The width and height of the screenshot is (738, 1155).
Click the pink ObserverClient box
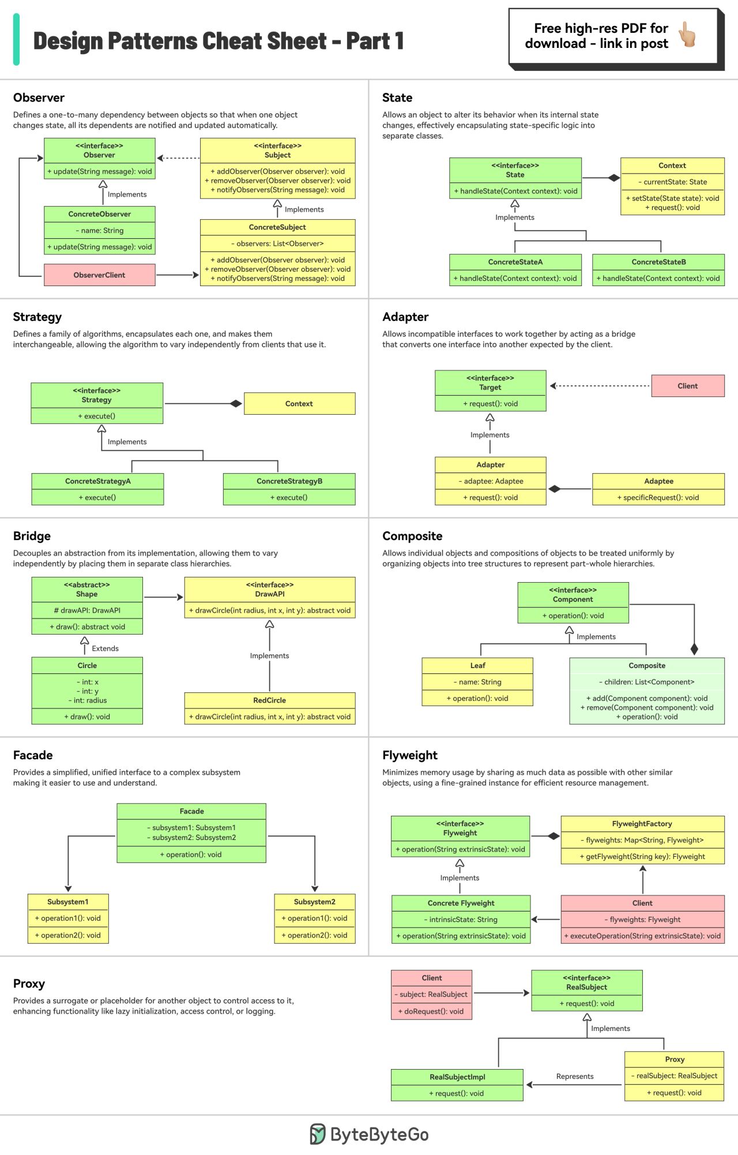point(99,275)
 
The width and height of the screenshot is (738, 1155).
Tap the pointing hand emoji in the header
point(687,35)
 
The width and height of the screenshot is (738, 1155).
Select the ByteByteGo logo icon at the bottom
point(318,1134)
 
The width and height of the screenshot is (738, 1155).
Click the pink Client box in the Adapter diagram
point(687,386)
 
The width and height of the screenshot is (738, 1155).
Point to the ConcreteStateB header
point(658,262)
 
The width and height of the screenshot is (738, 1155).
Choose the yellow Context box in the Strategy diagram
point(299,404)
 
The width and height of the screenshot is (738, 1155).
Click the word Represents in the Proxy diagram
point(574,1077)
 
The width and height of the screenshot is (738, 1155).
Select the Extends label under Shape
point(105,648)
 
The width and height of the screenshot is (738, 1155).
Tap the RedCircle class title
point(269,700)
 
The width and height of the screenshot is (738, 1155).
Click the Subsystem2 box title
point(314,902)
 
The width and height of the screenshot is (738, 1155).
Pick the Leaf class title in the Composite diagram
point(477,666)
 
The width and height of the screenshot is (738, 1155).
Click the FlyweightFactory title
point(642,824)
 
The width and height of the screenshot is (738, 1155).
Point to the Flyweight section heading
point(410,755)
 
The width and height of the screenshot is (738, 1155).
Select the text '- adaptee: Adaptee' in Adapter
point(491,481)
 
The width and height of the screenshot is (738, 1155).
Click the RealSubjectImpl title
point(457,1077)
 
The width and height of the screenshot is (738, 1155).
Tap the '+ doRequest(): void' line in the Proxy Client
point(431,1011)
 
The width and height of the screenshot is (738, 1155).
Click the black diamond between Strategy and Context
point(235,404)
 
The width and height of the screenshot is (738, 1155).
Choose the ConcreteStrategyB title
point(289,481)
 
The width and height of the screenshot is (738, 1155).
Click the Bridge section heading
point(32,536)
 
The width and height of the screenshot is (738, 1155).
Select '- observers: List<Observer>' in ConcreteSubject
point(277,243)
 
